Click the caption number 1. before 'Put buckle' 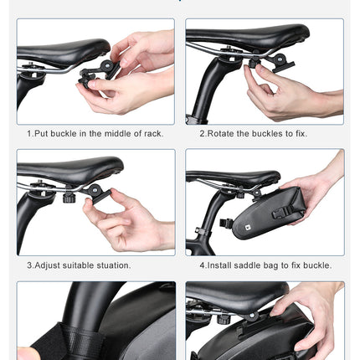pyautogui.click(x=30, y=133)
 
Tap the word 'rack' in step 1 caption pyautogui.click(x=152, y=133)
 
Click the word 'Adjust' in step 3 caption pyautogui.click(x=47, y=265)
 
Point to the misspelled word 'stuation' pyautogui.click(x=111, y=265)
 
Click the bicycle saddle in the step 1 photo pyautogui.click(x=59, y=50)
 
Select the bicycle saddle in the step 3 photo pyautogui.click(x=67, y=170)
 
